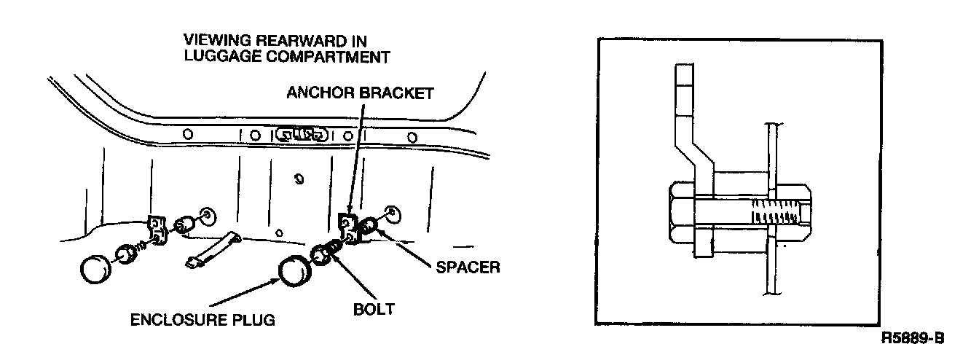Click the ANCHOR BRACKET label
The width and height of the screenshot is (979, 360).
pyautogui.click(x=360, y=93)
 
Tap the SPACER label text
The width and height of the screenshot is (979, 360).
pyautogui.click(x=468, y=267)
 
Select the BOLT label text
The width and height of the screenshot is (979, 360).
pyautogui.click(x=373, y=309)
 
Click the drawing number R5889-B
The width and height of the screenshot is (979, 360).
pyautogui.click(x=913, y=338)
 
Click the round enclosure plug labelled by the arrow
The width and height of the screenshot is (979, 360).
pyautogui.click(x=294, y=273)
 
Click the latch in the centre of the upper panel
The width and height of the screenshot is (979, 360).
pyautogui.click(x=300, y=134)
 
